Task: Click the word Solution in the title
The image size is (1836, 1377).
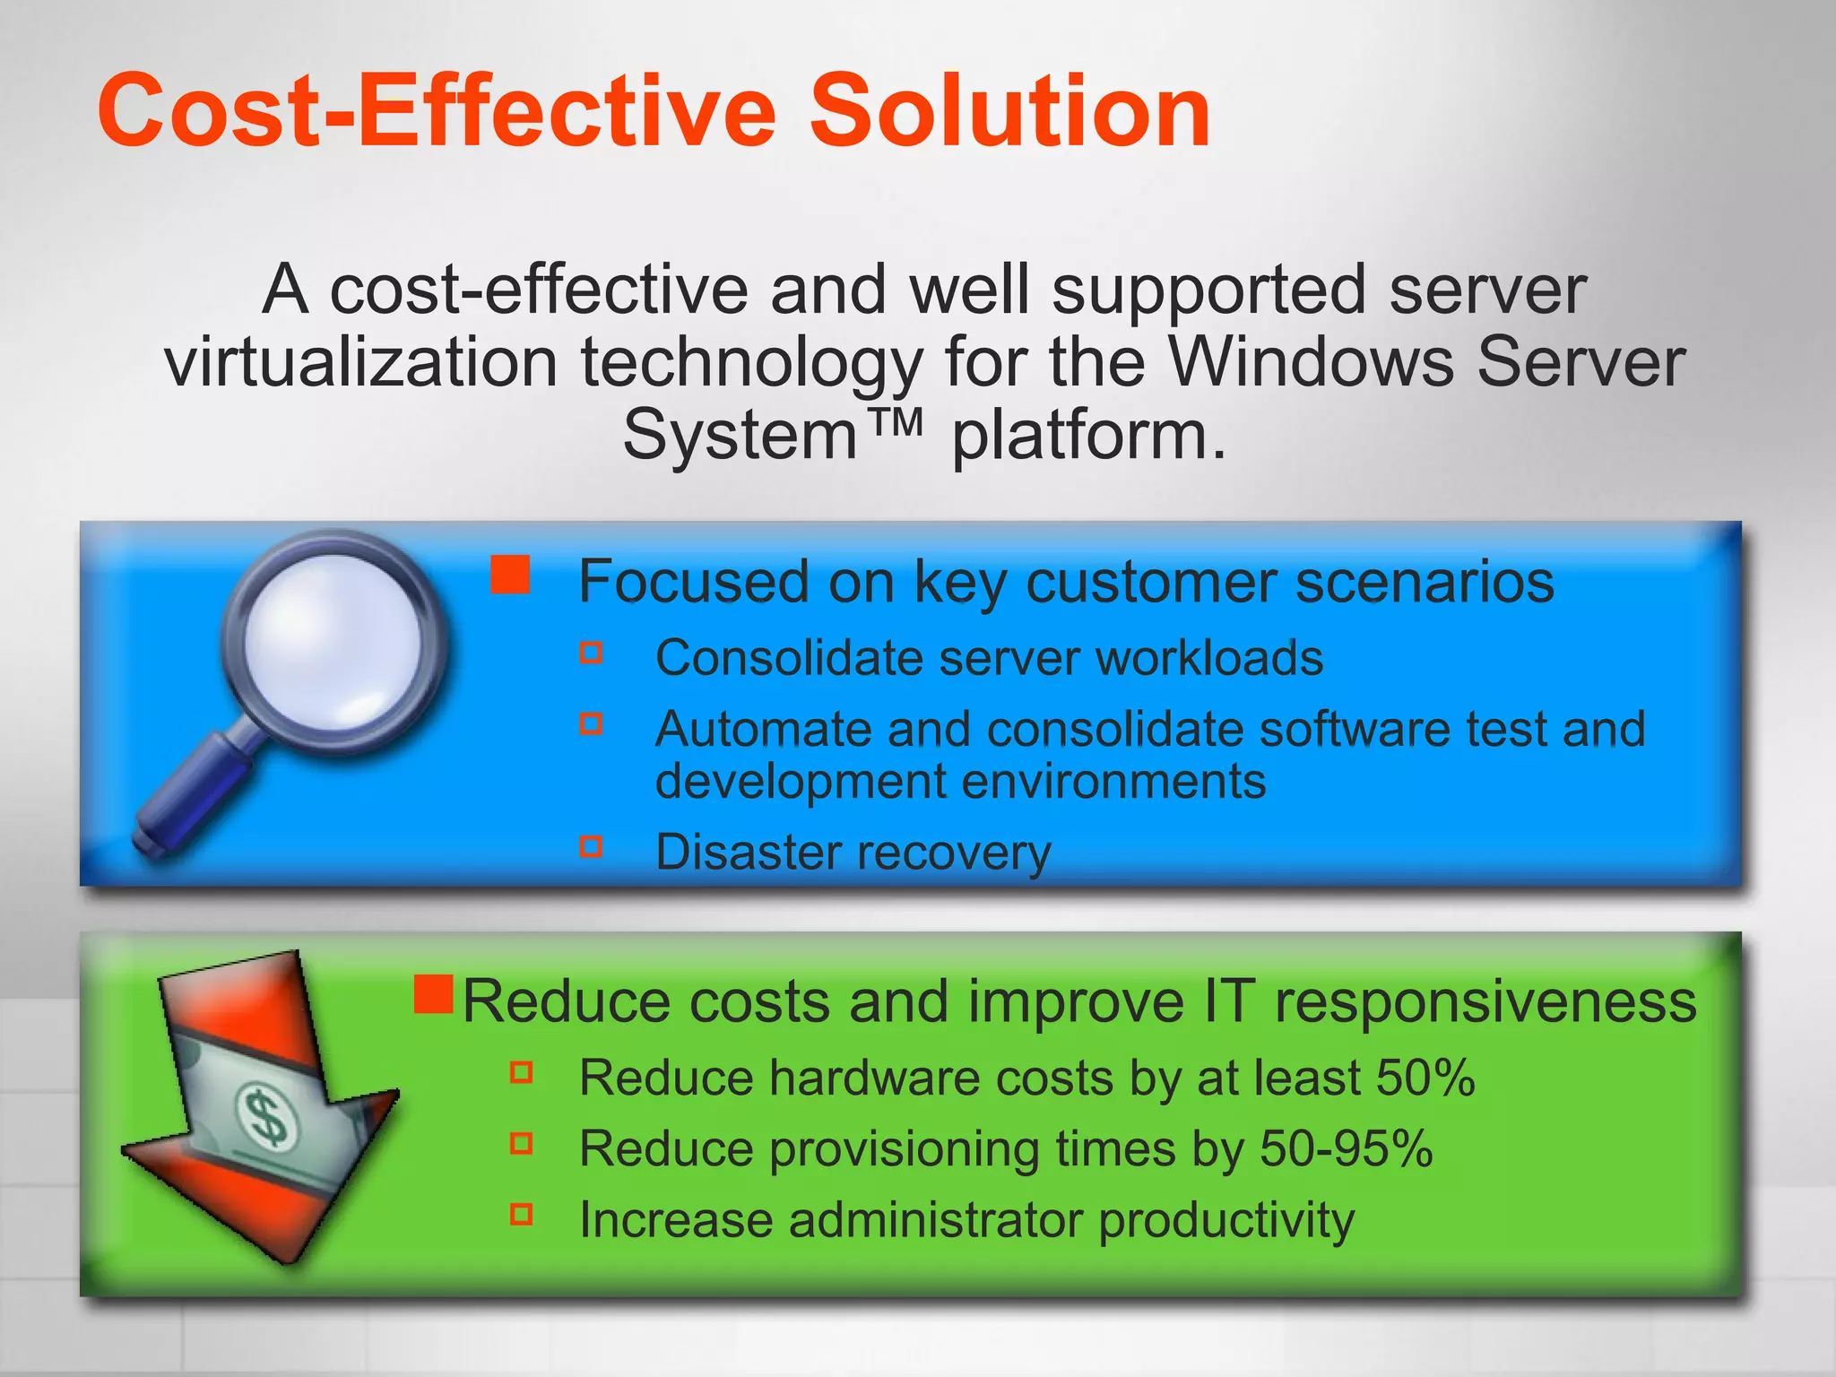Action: click(x=1010, y=111)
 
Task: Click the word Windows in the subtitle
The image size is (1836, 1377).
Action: click(x=1312, y=362)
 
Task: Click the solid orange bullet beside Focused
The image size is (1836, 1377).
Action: click(x=510, y=575)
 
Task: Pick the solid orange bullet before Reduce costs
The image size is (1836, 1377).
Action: click(x=434, y=993)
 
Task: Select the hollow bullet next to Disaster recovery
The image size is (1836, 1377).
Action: click(x=591, y=846)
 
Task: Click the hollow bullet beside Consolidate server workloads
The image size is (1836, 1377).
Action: click(x=591, y=652)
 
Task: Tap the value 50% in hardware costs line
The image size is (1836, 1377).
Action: click(x=1425, y=1078)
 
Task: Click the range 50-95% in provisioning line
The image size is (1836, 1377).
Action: click(x=1346, y=1148)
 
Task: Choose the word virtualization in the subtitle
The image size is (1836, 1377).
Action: click(x=361, y=362)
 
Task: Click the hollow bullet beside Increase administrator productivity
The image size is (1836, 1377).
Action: click(x=521, y=1214)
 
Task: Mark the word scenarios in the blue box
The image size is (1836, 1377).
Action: click(x=1425, y=582)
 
